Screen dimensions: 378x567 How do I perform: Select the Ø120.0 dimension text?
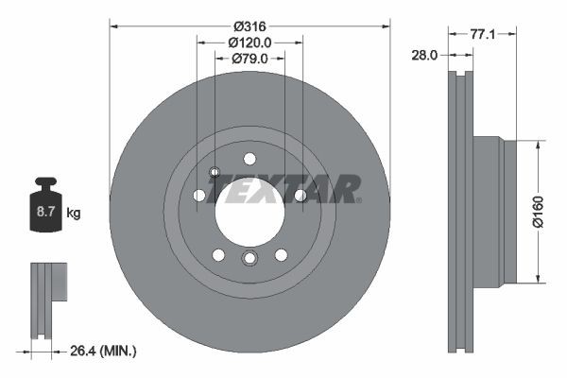(249, 42)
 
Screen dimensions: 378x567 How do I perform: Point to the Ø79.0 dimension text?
(249, 59)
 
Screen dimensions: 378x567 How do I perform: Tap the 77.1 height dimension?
(483, 33)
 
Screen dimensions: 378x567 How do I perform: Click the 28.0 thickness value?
(423, 56)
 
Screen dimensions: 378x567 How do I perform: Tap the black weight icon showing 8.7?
(46, 206)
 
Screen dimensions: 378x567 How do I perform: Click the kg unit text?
(74, 214)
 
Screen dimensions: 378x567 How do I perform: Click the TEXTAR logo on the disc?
(284, 189)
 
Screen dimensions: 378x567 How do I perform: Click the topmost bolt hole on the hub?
(249, 159)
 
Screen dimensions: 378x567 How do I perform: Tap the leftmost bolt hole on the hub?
(199, 196)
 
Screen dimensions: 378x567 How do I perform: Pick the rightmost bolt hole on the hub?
(301, 196)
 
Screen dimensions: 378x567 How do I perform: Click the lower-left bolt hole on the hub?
(218, 255)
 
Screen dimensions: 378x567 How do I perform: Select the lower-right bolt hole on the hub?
(281, 255)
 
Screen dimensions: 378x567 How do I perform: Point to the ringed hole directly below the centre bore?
(249, 260)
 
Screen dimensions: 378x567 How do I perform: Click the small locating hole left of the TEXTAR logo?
(215, 172)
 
